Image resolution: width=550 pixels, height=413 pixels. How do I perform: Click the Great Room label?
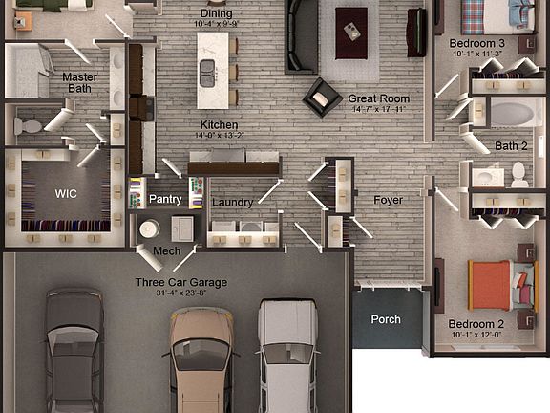(378, 98)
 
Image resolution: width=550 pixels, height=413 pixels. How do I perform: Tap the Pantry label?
(164, 199)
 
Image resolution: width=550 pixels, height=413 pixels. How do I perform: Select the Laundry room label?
(232, 203)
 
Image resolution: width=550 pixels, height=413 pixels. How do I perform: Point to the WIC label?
(66, 193)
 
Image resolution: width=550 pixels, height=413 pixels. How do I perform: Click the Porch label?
(386, 319)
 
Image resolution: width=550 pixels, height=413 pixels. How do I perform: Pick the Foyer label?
(388, 201)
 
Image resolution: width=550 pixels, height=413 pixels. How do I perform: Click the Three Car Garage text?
(181, 282)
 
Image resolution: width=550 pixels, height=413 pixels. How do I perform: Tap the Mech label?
(166, 251)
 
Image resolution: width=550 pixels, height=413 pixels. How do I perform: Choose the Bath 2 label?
(511, 146)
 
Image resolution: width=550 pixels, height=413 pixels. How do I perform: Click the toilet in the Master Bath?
(29, 125)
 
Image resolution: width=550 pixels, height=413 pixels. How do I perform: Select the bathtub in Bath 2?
(511, 114)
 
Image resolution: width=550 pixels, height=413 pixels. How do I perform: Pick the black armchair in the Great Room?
(323, 97)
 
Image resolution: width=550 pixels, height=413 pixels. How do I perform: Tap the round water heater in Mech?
(150, 229)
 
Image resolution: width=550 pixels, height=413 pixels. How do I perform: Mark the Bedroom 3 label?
(476, 43)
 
